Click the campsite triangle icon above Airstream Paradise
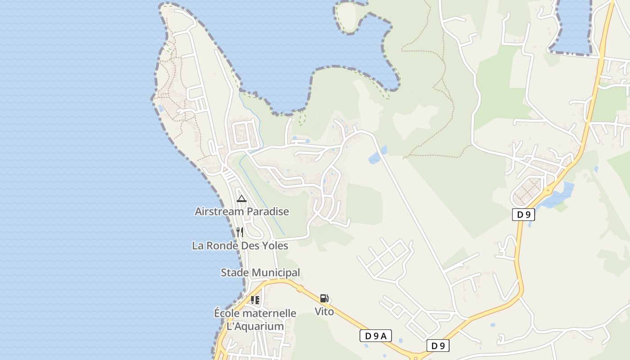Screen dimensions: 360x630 [x=242, y=198]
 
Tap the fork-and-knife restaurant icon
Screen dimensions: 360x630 [x=240, y=232]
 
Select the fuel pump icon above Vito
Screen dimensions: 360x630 [x=324, y=298]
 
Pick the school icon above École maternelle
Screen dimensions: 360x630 [x=255, y=300]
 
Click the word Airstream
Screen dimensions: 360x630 [x=217, y=211]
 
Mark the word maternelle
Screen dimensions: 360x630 [x=270, y=313]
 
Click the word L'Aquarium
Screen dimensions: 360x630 [x=255, y=326]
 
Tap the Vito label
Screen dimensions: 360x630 [x=324, y=311]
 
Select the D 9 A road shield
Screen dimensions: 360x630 [x=376, y=336]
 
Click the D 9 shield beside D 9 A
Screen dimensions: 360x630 [x=438, y=346]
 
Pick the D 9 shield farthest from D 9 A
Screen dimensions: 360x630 [x=523, y=215]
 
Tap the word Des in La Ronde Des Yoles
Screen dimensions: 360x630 [x=251, y=246]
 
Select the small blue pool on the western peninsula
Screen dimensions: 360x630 [x=161, y=108]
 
